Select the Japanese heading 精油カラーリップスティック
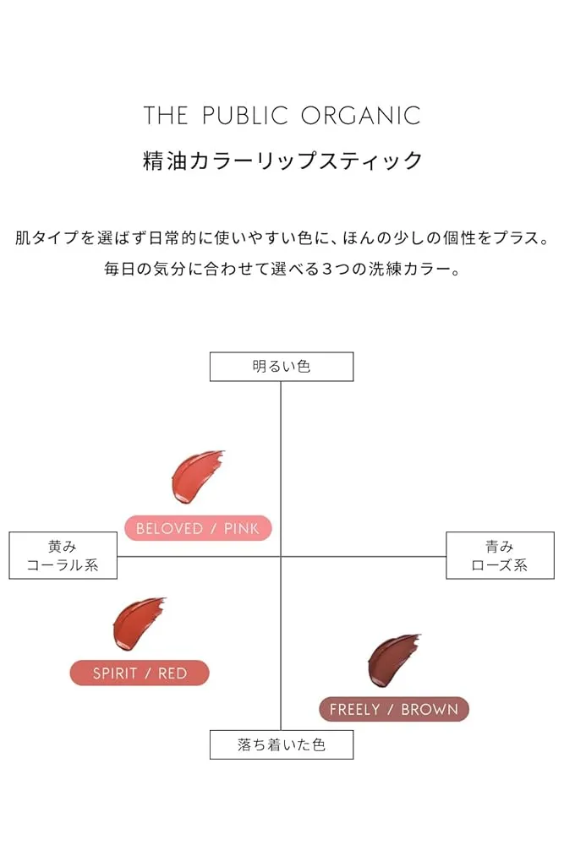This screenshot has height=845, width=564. [282, 161]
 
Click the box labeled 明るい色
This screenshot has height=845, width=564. [282, 367]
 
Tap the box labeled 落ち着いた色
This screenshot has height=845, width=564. [282, 745]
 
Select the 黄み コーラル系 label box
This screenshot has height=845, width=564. [63, 555]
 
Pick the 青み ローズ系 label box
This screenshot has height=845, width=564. [500, 555]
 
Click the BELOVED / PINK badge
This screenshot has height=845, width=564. [198, 528]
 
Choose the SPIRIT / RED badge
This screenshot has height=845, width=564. [140, 673]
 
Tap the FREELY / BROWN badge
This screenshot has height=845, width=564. [393, 709]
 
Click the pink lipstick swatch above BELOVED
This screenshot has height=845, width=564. [196, 477]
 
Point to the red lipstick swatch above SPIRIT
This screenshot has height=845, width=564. [138, 623]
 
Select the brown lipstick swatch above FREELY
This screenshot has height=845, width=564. [393, 659]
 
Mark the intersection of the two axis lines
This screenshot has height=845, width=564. [281, 556]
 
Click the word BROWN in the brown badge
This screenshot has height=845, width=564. [430, 709]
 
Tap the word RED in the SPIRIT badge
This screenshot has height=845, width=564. [172, 673]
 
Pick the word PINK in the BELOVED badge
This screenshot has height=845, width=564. [243, 528]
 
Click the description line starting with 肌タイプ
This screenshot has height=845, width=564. [282, 237]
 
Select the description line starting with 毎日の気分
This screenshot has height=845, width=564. [282, 270]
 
